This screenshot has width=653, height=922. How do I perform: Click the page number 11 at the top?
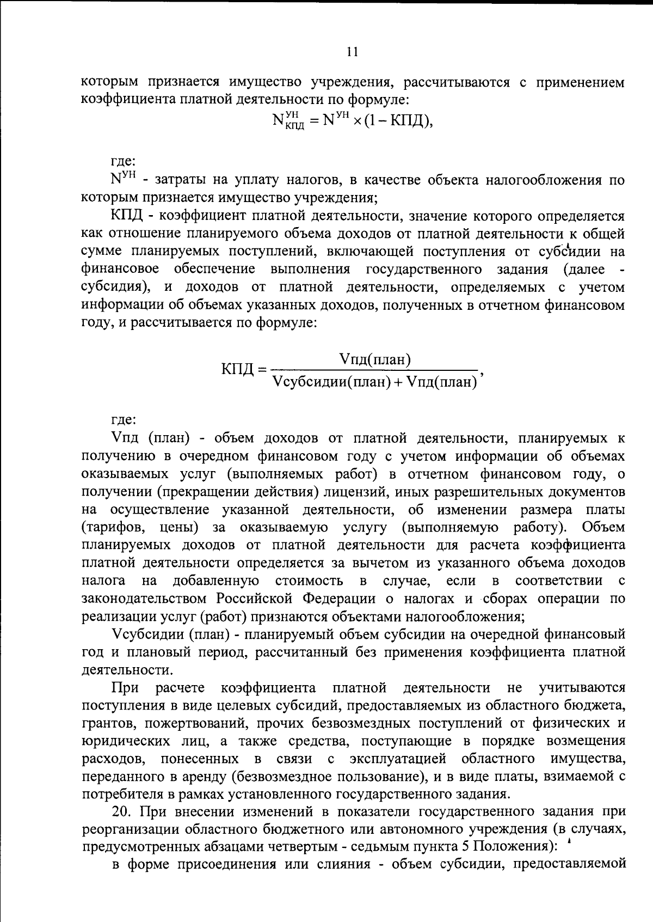(352, 52)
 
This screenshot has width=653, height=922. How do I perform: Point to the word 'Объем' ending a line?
(603, 527)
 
